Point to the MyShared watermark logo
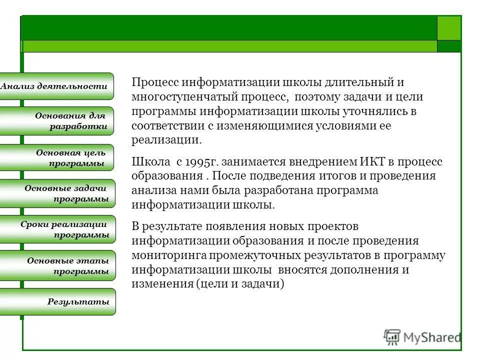[422, 337]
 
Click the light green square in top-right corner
[449, 28]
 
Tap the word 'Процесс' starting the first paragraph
[154, 82]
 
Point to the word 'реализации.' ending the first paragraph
[166, 140]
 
